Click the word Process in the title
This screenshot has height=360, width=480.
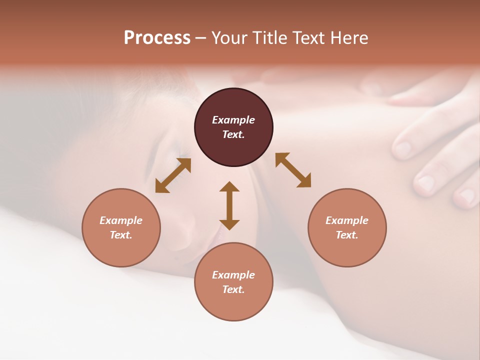(157, 38)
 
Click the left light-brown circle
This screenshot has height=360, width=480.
(121, 227)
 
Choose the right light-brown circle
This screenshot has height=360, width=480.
(347, 227)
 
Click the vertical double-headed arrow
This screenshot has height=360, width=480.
(229, 205)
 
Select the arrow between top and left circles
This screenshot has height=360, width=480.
(173, 175)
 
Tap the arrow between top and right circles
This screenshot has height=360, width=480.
(293, 170)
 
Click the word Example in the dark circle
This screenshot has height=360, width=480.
(233, 120)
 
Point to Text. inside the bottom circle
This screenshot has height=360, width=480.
(233, 289)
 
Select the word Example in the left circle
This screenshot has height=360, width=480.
(121, 220)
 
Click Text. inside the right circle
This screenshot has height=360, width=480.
(347, 235)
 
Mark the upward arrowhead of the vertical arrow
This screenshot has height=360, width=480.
(229, 187)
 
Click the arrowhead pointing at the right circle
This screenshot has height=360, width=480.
(304, 181)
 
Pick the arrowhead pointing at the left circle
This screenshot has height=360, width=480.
(161, 186)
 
